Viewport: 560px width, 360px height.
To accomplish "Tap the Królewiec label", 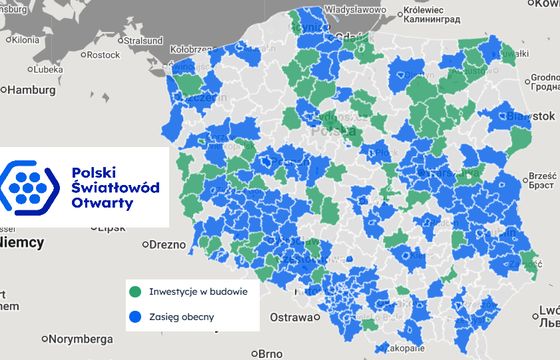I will [394, 6].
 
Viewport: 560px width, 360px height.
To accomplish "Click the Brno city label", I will [267, 353].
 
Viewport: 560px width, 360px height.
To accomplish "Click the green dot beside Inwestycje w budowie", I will [136, 291].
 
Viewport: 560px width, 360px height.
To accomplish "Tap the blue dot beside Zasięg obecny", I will [136, 317].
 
